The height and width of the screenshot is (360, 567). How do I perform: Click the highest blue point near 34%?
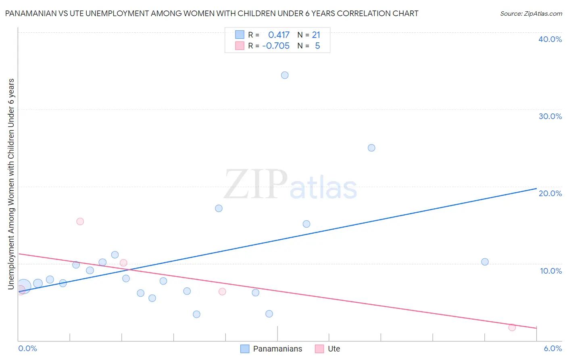[x=285, y=75]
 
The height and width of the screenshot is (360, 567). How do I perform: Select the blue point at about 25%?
[x=371, y=148]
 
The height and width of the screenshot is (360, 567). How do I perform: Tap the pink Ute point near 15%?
[x=80, y=221]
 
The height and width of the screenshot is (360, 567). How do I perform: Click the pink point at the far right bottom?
[x=512, y=327]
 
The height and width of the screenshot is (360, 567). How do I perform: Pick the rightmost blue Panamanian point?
[x=485, y=262]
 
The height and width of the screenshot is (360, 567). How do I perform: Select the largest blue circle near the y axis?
[x=23, y=287]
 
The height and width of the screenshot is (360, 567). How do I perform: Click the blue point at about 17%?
[x=219, y=208]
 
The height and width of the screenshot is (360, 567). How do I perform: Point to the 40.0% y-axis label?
[x=550, y=39]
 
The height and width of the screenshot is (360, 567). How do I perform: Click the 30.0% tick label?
[x=550, y=116]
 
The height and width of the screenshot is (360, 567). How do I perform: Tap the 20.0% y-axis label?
[x=550, y=193]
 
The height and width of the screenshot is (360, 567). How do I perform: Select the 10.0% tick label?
[x=551, y=271]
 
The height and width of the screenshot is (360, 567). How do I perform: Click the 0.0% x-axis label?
[x=27, y=348]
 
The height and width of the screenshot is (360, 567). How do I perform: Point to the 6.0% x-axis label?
[x=552, y=348]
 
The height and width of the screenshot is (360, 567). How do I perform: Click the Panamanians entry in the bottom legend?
[x=277, y=349]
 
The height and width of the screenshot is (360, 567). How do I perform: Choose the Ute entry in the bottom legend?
[x=334, y=349]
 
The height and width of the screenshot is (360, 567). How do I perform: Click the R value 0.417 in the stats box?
[x=279, y=35]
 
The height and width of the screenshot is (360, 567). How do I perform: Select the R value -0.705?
[x=276, y=46]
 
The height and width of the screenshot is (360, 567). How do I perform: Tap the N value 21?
[x=316, y=35]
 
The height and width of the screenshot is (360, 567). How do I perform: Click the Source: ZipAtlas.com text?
[x=531, y=14]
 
